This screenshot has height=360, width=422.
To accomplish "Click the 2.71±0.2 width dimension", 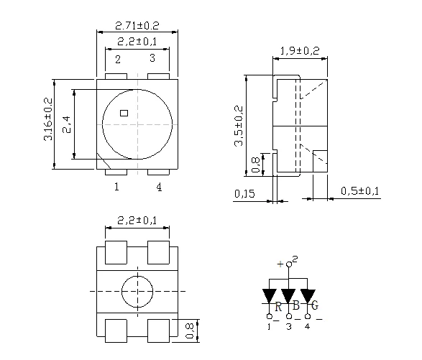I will tap(137, 25).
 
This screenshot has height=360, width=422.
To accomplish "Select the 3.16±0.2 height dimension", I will tap(48, 119).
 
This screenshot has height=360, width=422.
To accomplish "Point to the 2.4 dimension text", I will tap(66, 125).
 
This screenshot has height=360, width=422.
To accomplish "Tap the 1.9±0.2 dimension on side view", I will tap(299, 50).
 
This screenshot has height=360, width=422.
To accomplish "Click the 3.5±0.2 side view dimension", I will tap(239, 126).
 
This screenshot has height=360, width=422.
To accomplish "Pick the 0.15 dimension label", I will tap(244, 193).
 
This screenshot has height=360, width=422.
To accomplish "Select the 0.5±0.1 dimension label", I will tap(360, 190).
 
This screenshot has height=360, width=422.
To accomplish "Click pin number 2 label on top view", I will tap(116, 59).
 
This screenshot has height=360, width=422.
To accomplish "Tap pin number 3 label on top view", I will tap(152, 59).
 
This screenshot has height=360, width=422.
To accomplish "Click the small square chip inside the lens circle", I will tap(124, 112).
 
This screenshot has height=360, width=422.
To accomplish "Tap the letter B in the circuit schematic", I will tap(296, 307).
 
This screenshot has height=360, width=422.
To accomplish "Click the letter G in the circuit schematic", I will tap(315, 307).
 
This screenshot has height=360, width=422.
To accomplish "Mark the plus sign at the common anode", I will tap(280, 264).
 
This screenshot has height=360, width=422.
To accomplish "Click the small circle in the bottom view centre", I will tap(137, 292).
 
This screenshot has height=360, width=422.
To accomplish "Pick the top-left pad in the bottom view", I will tap(116, 254).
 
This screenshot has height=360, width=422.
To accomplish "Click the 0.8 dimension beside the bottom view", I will tap(190, 330).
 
